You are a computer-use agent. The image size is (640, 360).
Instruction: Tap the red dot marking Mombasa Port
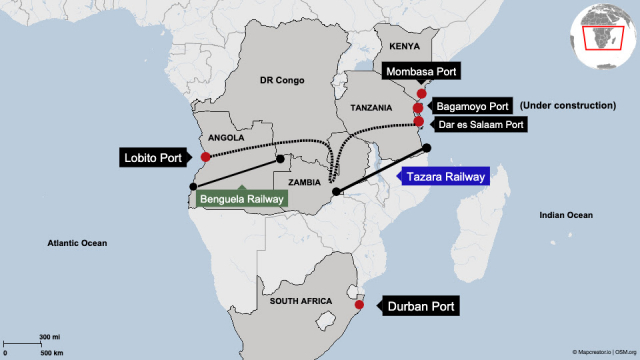[421, 94]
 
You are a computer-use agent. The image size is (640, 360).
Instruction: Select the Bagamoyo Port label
[472, 106]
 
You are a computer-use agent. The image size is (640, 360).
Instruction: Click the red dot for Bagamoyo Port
[418, 108]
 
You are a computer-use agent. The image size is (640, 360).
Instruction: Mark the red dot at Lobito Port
[205, 157]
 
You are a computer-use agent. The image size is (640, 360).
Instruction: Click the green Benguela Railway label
[242, 199]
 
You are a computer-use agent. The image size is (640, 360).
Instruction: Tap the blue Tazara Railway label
[441, 176]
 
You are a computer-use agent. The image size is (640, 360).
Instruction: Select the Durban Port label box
[419, 308]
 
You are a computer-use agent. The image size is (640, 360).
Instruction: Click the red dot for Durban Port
[360, 305]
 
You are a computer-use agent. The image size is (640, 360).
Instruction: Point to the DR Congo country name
[280, 79]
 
